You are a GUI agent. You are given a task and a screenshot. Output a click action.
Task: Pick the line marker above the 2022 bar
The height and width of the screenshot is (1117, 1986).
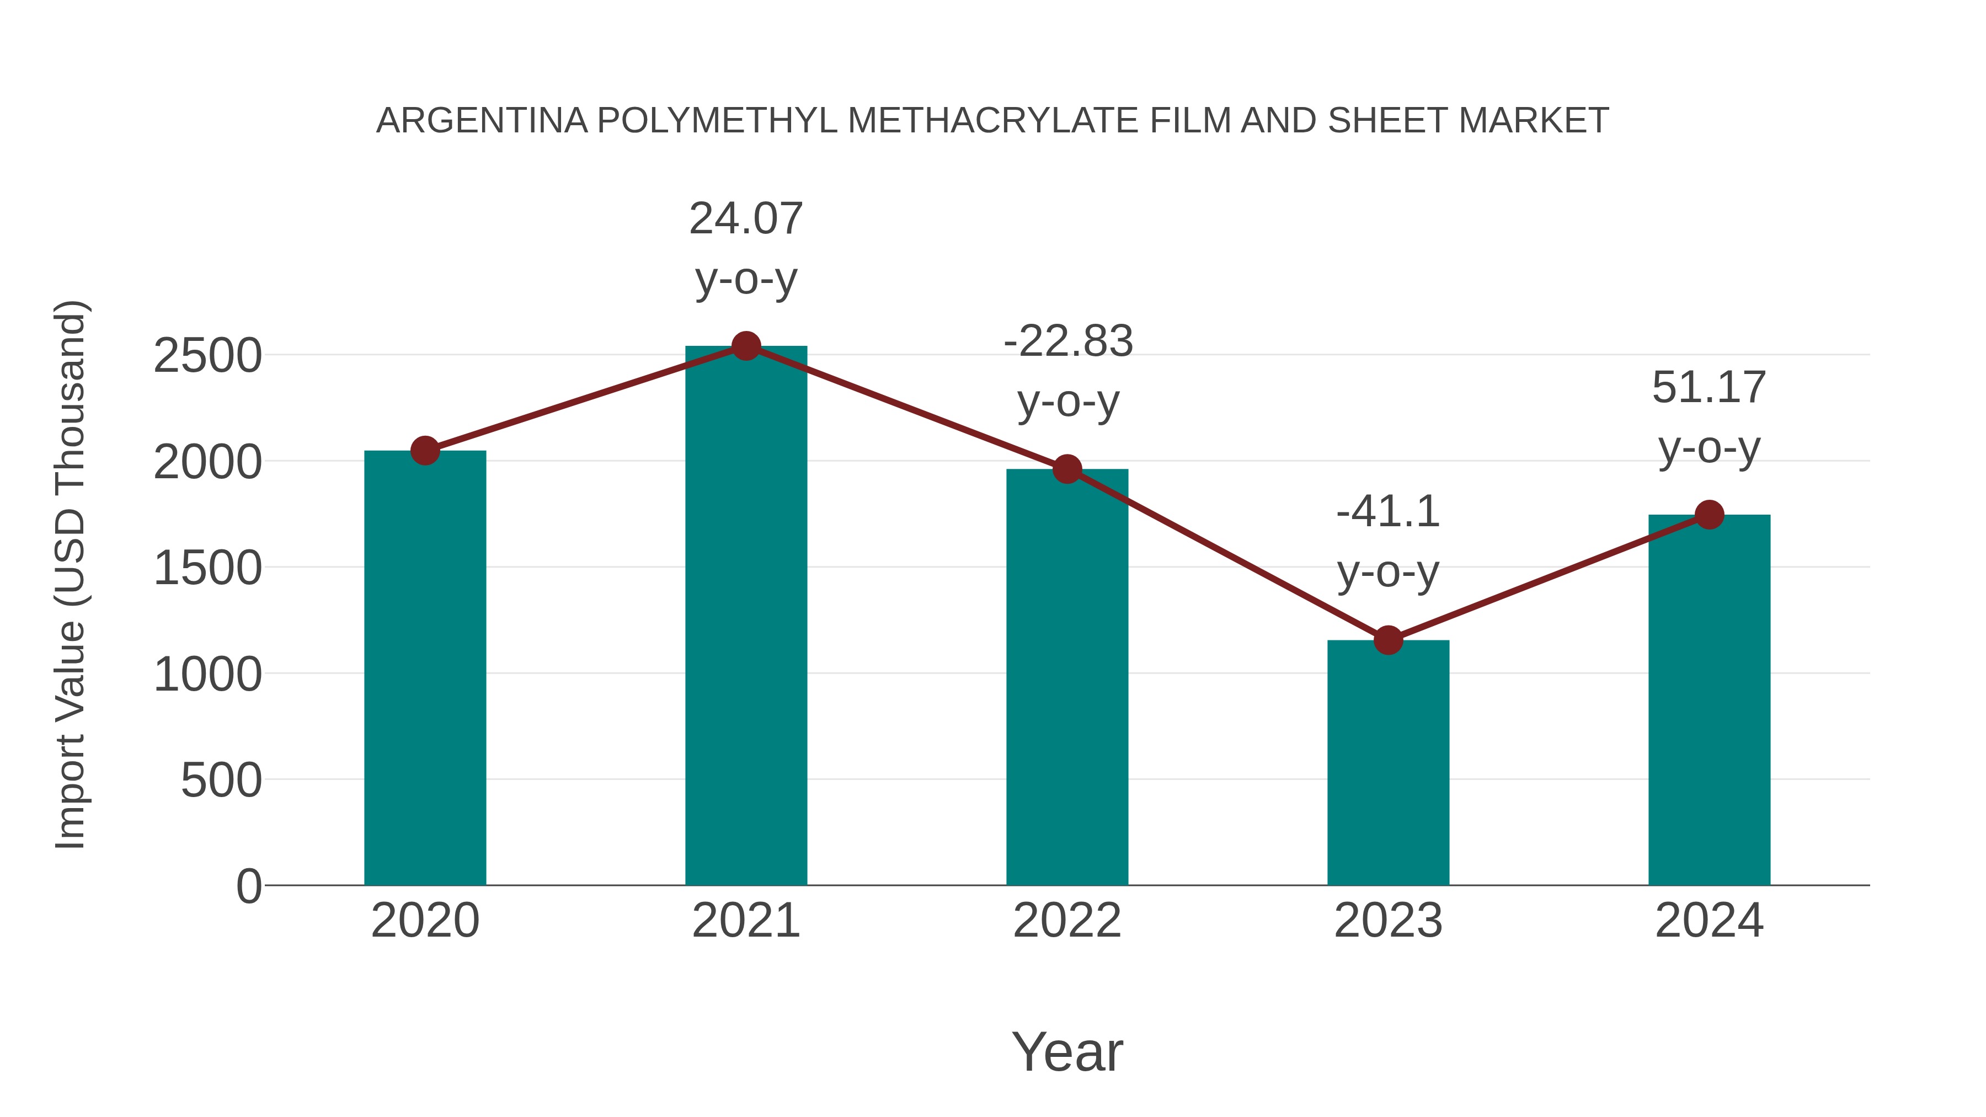coord(1067,469)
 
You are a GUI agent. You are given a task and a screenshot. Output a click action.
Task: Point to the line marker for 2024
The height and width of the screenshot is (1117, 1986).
coord(1709,514)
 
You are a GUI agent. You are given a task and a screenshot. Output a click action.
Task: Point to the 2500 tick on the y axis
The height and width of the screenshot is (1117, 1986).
coord(207,356)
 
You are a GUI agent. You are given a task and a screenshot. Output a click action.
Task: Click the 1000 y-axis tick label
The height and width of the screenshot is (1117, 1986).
coord(207,675)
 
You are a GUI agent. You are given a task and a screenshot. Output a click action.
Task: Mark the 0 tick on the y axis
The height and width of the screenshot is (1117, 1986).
coord(248,886)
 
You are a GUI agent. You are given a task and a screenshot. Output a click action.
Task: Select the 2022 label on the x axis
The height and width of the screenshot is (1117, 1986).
coord(1067,921)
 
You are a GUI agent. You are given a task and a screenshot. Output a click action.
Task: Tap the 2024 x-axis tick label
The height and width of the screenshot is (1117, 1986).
coord(1709,921)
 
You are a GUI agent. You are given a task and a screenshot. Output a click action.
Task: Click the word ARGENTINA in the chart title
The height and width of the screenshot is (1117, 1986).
coord(482,121)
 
